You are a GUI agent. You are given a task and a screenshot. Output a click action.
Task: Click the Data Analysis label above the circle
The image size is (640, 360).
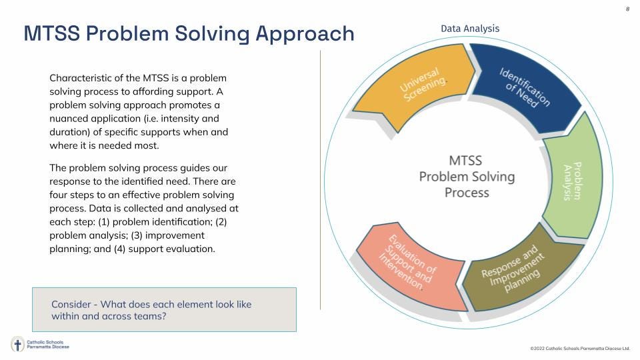469,28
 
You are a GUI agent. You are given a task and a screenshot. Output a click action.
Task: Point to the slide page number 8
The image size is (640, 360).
627,9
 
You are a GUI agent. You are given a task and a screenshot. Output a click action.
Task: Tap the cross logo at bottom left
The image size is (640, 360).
17,345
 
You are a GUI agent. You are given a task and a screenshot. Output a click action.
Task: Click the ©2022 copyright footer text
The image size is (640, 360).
579,349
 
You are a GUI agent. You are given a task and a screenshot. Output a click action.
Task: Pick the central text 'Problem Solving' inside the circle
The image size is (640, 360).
467,177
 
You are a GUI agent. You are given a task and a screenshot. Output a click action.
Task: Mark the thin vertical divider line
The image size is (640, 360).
321,180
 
